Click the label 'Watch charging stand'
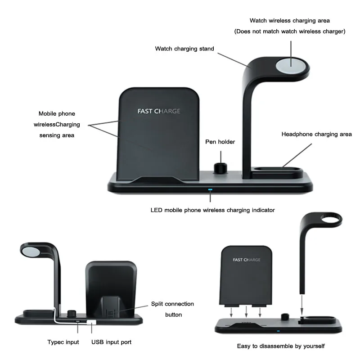click(184, 49)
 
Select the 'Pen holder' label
click(220, 142)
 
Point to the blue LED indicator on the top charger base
click(210, 190)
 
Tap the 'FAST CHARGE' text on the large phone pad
click(159, 111)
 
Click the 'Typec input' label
click(63, 342)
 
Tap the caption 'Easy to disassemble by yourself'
click(281, 346)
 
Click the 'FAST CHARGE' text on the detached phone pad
click(247, 260)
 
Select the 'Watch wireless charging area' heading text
click(290, 21)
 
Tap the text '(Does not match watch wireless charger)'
click(290, 31)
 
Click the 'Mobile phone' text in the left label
click(57, 114)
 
